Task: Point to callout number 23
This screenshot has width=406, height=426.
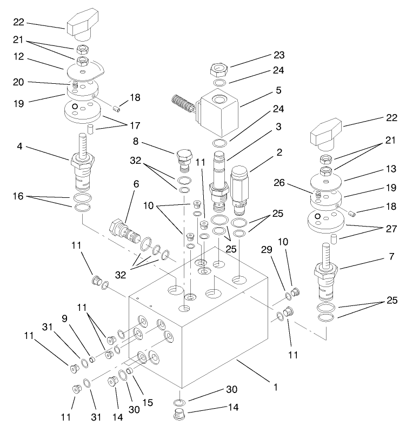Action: click(x=279, y=55)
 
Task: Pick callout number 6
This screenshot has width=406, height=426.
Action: click(x=136, y=184)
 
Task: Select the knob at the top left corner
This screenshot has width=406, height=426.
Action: click(x=83, y=25)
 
